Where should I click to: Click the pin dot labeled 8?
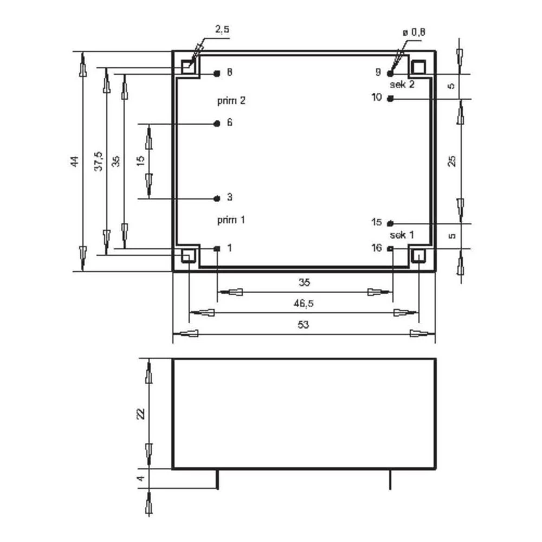pos(217,73)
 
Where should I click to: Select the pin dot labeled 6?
pos(217,124)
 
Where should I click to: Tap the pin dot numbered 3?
pos(217,198)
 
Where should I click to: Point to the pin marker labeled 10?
pos(391,99)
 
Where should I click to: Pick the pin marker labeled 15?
pos(391,223)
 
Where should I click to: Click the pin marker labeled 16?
pos(391,248)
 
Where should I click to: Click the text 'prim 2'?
pos(231,101)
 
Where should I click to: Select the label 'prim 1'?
pos(231,220)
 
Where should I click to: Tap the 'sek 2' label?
pos(402,85)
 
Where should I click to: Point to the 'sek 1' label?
pos(402,235)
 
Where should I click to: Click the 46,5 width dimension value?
pos(303,304)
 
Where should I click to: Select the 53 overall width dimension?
pos(303,325)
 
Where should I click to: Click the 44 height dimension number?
pos(75,162)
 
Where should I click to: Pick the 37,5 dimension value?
pos(99,161)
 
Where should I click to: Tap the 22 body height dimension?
pos(141,414)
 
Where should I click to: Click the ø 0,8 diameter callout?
pos(414,33)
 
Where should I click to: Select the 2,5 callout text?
pos(222,29)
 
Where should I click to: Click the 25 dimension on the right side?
pos(452,161)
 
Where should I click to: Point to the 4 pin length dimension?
pos(140,479)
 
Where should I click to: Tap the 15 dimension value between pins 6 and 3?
pos(141,161)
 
